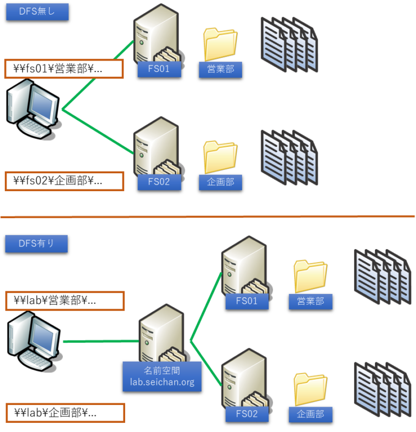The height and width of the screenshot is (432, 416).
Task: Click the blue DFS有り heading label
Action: point(36,244)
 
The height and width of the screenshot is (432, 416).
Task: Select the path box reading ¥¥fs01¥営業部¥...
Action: point(64,69)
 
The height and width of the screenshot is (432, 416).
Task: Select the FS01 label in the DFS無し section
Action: point(159,69)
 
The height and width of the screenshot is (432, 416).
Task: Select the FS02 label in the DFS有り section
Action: point(247,414)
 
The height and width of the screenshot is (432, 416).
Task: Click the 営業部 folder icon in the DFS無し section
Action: point(220,43)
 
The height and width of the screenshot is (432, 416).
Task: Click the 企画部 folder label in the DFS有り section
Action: point(310,414)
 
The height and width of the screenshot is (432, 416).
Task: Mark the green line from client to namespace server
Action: point(100,342)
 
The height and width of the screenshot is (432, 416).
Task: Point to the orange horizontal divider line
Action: point(208,217)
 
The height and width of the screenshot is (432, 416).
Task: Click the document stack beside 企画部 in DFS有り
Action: point(382,390)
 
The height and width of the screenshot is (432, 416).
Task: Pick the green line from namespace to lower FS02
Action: point(206,363)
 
